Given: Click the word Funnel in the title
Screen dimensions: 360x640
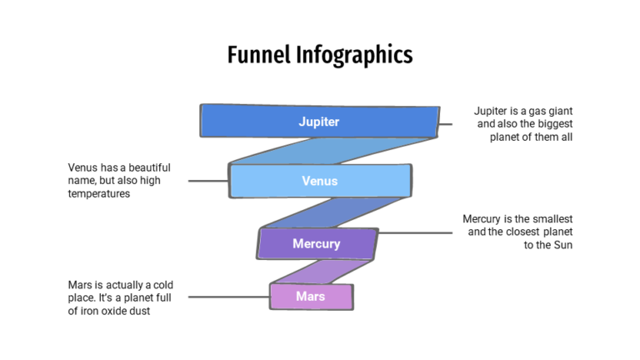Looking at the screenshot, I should [x=259, y=56].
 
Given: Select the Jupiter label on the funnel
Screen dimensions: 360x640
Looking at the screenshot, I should [x=319, y=122].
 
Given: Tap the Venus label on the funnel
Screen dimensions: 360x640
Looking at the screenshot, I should [x=320, y=181].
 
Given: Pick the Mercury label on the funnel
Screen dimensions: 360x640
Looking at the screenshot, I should [x=317, y=244].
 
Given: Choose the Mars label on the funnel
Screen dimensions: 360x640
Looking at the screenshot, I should [x=311, y=296].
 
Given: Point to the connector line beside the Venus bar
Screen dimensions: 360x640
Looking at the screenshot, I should [x=208, y=180].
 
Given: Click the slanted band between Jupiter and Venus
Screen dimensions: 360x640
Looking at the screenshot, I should [x=333, y=151].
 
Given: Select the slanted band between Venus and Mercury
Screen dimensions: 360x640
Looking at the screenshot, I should [x=333, y=212].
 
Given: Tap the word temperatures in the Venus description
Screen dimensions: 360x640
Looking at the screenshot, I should [x=99, y=193].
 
